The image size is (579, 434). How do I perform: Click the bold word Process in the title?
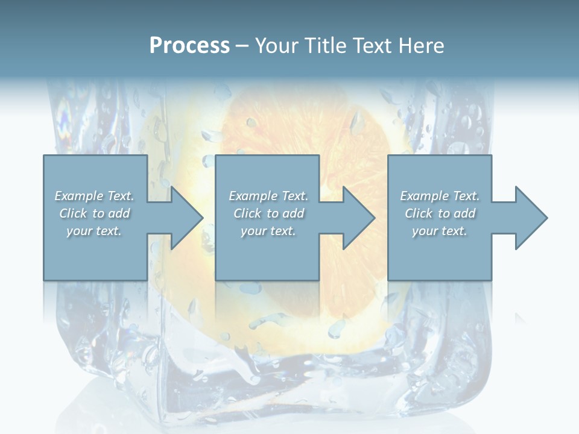(189, 46)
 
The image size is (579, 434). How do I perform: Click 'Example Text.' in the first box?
(95, 196)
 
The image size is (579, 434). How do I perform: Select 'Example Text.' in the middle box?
(268, 196)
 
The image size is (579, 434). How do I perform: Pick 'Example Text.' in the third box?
(440, 196)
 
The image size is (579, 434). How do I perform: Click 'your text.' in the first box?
(94, 231)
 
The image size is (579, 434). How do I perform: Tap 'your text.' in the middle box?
(268, 231)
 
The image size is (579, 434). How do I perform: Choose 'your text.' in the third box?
(440, 231)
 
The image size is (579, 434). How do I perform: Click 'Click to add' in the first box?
(95, 213)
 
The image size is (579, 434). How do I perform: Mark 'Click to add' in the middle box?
(268, 213)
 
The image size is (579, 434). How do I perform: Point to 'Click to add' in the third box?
(440, 213)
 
